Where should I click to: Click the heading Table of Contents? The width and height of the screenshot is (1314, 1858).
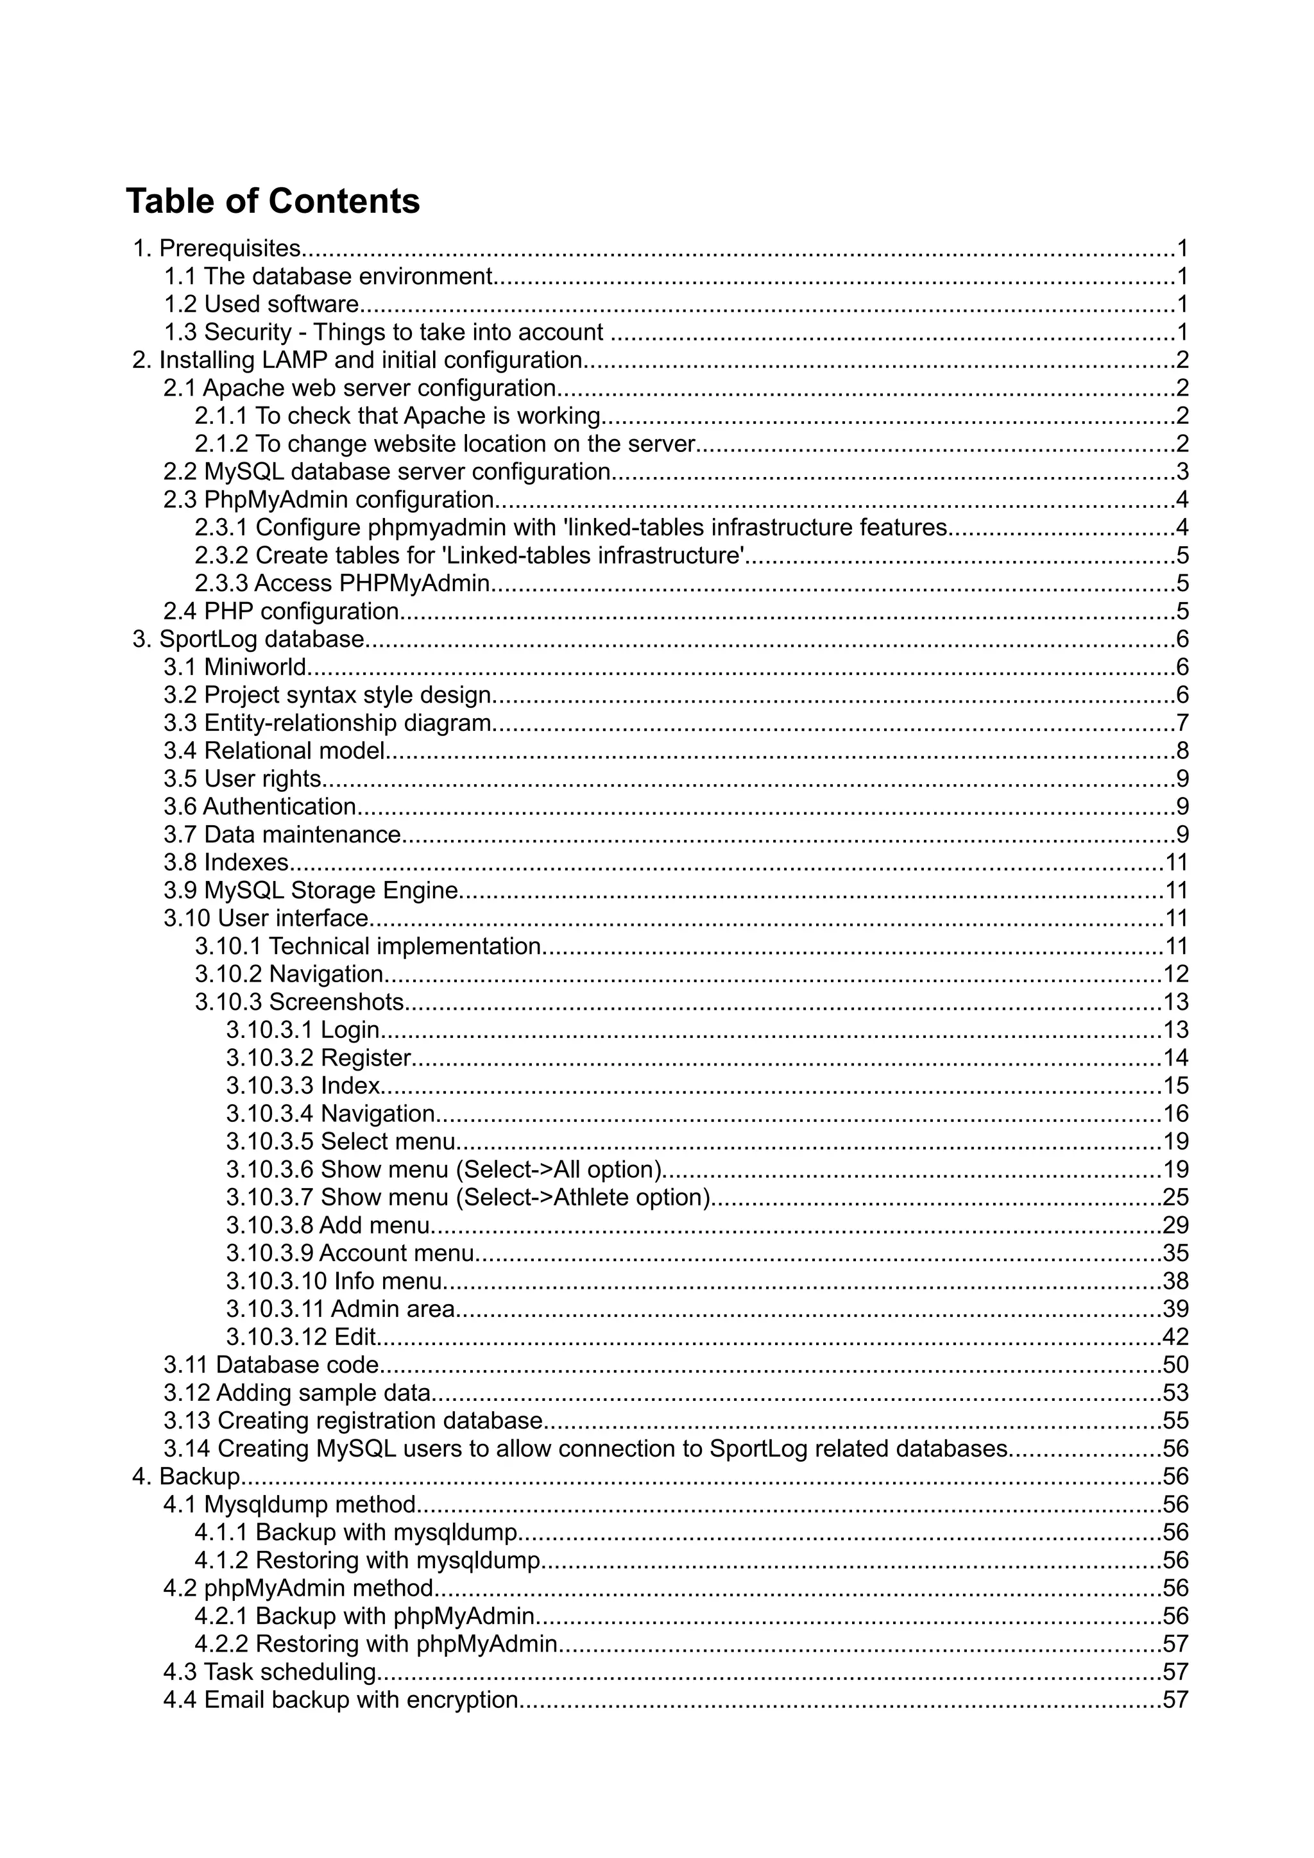273,201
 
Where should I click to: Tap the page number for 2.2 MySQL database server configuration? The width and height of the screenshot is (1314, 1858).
1182,472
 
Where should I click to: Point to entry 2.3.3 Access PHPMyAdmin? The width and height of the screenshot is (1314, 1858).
343,583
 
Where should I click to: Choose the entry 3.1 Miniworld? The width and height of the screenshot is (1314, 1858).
235,667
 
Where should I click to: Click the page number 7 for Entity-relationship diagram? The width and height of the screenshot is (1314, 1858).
1182,723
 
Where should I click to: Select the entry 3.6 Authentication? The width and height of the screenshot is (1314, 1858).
260,807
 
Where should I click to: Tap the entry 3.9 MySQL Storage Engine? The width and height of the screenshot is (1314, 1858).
312,890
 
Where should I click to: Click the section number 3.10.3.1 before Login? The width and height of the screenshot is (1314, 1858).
269,1030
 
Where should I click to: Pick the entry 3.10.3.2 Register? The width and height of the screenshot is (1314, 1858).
318,1058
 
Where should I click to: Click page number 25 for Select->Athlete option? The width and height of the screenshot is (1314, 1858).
1175,1197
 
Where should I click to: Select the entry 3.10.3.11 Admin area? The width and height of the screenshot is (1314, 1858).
340,1309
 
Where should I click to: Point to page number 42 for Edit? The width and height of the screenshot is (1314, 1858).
1175,1337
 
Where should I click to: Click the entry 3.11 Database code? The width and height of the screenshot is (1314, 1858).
271,1364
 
